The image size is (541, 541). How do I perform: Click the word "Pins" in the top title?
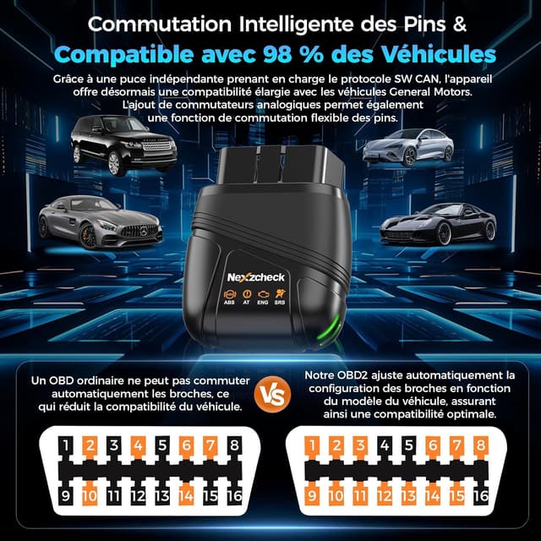tap(424, 23)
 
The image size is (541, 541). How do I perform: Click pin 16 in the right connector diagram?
tap(482, 495)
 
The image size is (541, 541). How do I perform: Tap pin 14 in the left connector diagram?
tap(187, 495)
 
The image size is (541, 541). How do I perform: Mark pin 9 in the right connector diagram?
tap(313, 495)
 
